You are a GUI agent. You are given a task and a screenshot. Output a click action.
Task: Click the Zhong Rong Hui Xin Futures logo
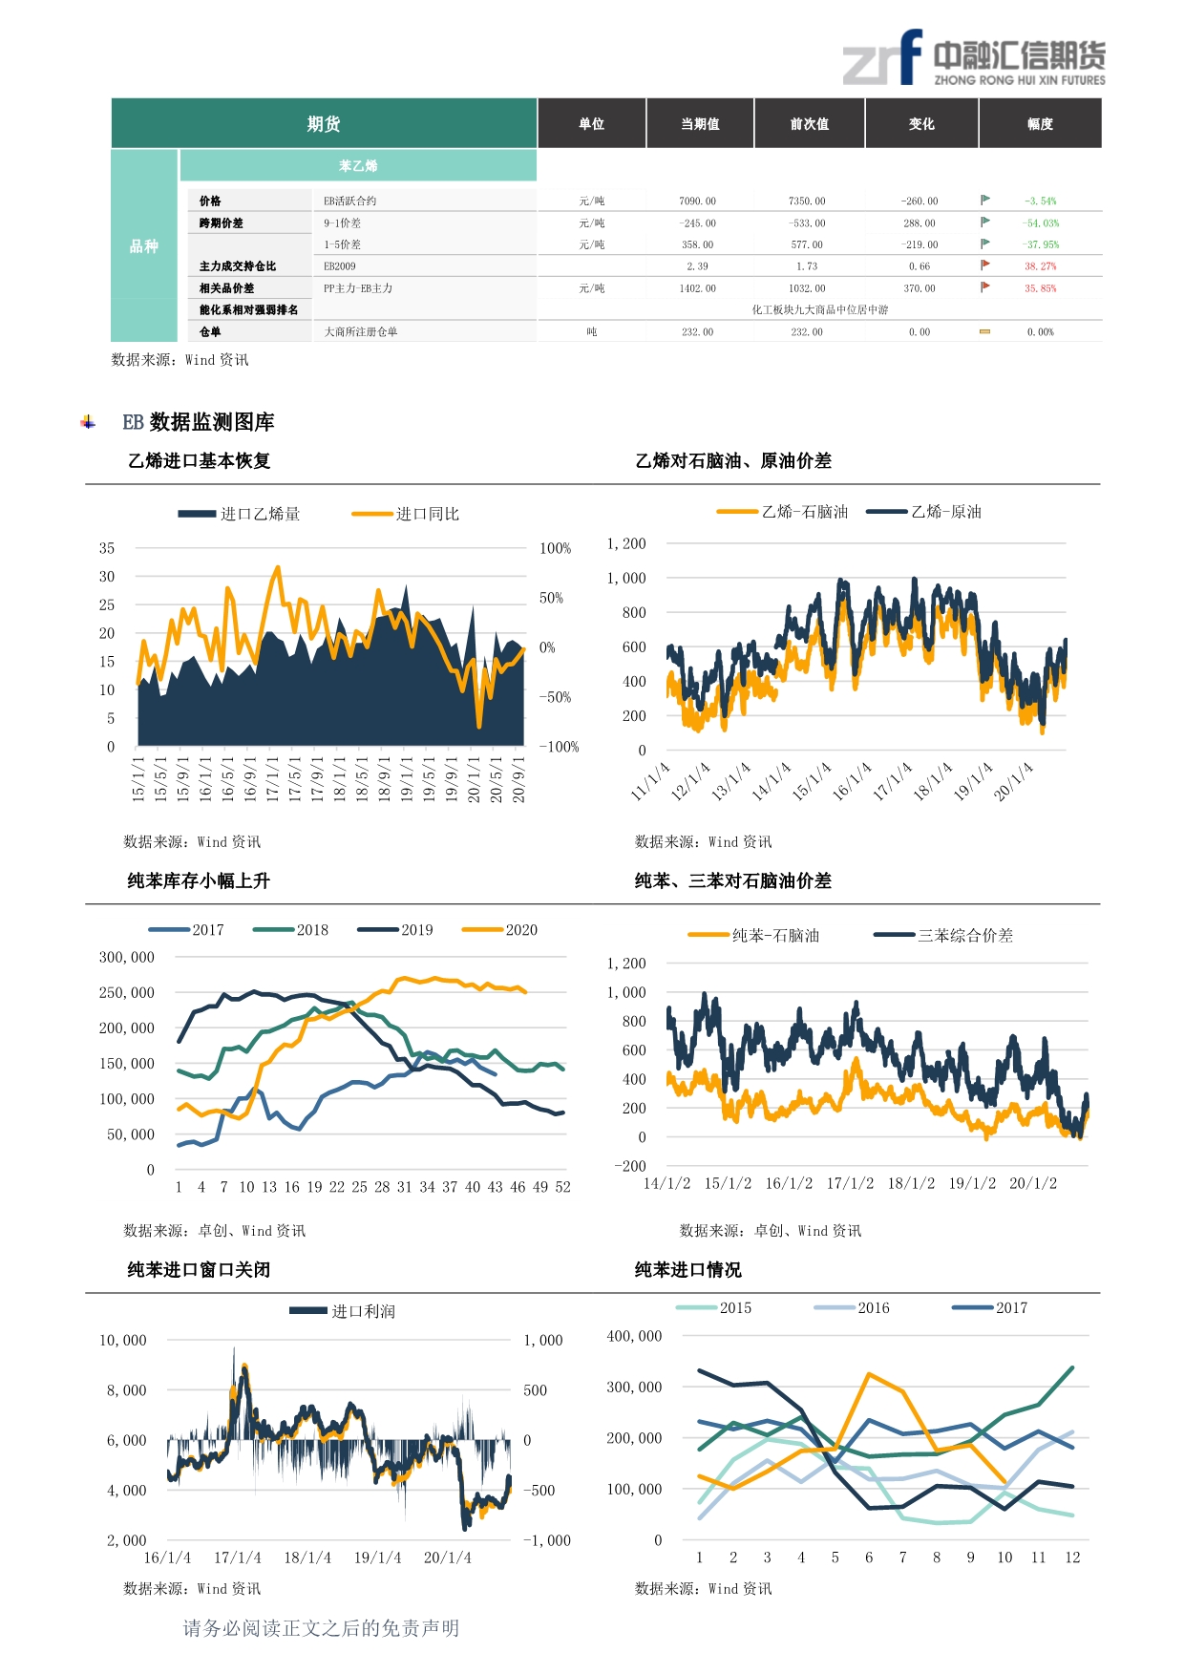973,59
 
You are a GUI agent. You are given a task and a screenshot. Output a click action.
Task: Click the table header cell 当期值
700,124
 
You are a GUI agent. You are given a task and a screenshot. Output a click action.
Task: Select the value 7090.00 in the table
697,201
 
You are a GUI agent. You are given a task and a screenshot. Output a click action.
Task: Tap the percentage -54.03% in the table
1041,223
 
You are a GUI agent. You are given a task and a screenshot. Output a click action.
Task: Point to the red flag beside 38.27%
985,265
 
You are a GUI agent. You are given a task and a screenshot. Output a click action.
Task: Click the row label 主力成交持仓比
238,266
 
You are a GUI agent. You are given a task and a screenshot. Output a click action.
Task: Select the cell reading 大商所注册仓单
361,332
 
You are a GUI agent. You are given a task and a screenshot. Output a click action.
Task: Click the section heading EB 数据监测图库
199,422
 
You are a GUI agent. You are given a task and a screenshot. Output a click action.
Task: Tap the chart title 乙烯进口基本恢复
200,461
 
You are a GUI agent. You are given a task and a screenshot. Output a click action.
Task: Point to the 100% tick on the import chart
555,548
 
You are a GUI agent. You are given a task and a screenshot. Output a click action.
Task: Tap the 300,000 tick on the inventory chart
127,957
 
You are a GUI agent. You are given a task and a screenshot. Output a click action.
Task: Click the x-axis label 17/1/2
850,1183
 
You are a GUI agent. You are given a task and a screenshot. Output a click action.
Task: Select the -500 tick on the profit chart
539,1490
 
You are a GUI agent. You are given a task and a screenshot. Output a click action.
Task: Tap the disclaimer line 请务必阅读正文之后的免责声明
321,1628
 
